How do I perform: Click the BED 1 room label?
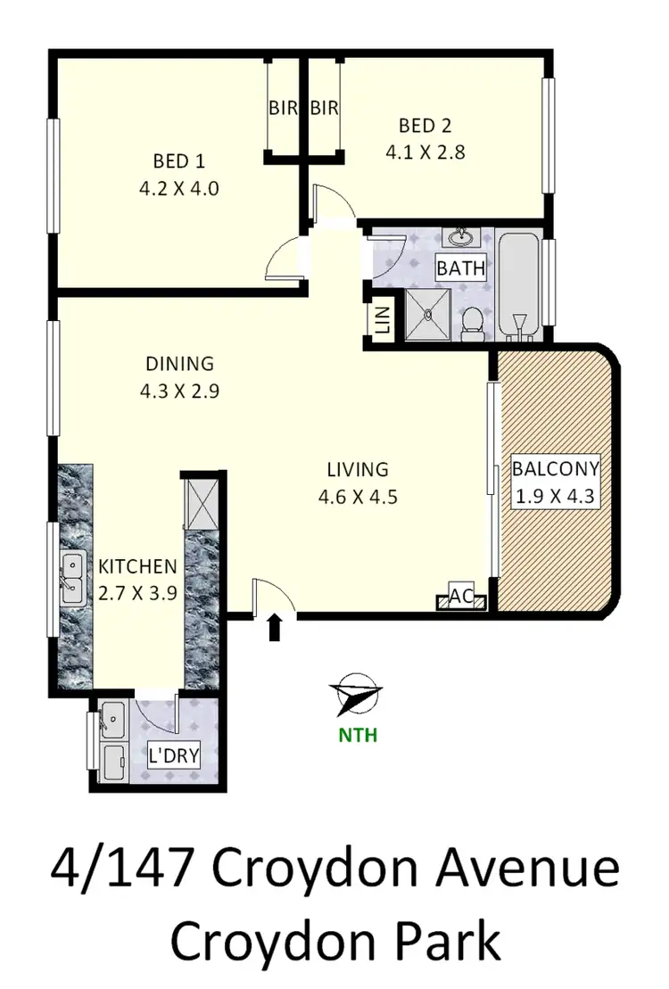[x=179, y=161]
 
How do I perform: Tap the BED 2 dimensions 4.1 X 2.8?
[x=425, y=152]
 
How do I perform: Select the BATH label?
[x=460, y=267]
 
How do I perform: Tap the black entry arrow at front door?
[x=275, y=627]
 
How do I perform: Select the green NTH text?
[x=357, y=736]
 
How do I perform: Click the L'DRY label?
[x=173, y=757]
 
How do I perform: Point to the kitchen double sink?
[x=71, y=577]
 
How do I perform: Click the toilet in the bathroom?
[x=473, y=323]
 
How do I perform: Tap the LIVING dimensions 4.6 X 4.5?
[x=357, y=497]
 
